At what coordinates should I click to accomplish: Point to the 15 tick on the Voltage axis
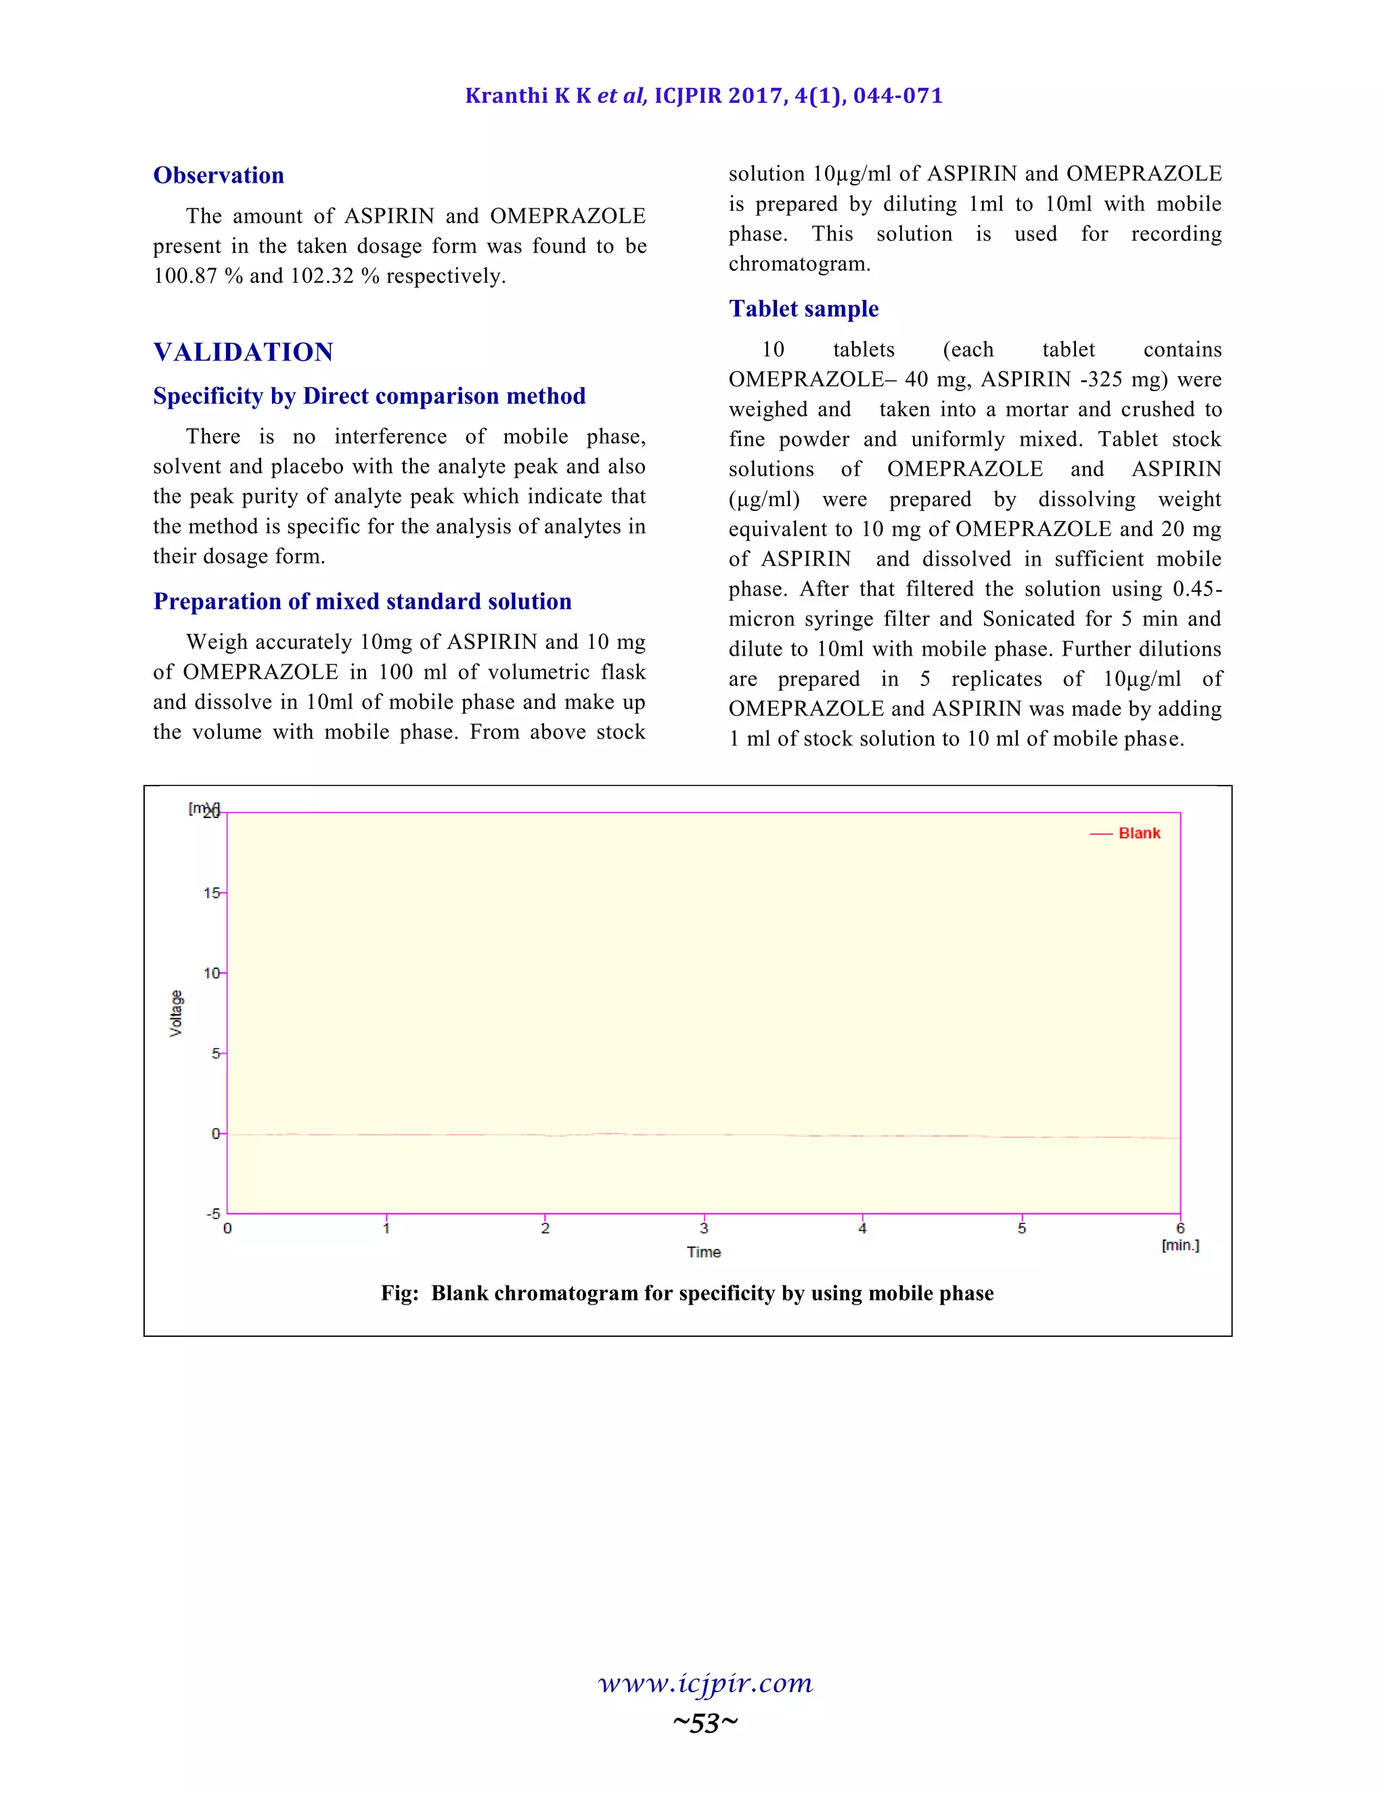[212, 892]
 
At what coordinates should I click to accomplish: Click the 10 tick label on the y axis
[212, 973]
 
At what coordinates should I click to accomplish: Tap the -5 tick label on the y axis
[213, 1213]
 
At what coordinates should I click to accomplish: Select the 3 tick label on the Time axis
[704, 1229]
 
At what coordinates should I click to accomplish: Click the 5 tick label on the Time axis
[1021, 1229]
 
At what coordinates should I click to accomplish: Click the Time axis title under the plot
[704, 1252]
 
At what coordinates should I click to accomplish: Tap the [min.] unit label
[1180, 1246]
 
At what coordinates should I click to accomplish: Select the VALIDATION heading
[243, 353]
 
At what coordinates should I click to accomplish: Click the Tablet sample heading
[803, 309]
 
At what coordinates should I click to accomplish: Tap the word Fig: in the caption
[400, 1294]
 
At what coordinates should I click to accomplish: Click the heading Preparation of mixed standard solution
[362, 601]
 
